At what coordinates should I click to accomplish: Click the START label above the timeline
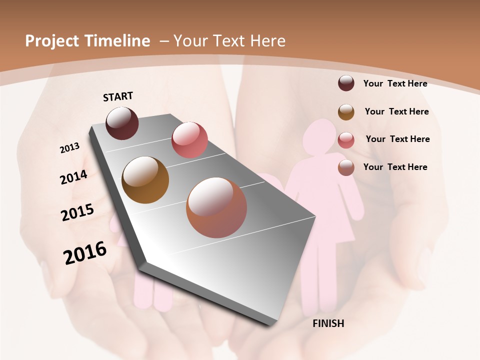118,96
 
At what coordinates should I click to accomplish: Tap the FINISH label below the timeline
328,323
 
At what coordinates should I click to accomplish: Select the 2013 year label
69,148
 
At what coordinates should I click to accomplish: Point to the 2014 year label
73,177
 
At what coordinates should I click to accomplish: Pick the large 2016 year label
85,252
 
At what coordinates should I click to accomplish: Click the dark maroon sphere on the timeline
122,123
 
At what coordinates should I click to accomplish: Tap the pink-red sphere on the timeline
189,140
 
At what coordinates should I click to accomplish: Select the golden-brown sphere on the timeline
145,180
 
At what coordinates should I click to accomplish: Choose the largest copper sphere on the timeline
216,207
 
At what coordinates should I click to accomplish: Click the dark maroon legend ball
346,83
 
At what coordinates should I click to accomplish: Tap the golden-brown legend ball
346,112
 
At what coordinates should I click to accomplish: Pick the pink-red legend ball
346,140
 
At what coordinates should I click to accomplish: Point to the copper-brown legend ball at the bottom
346,167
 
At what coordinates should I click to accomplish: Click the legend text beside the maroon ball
395,83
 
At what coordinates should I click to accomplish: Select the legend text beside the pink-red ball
397,139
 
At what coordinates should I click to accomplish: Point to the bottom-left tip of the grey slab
141,263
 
